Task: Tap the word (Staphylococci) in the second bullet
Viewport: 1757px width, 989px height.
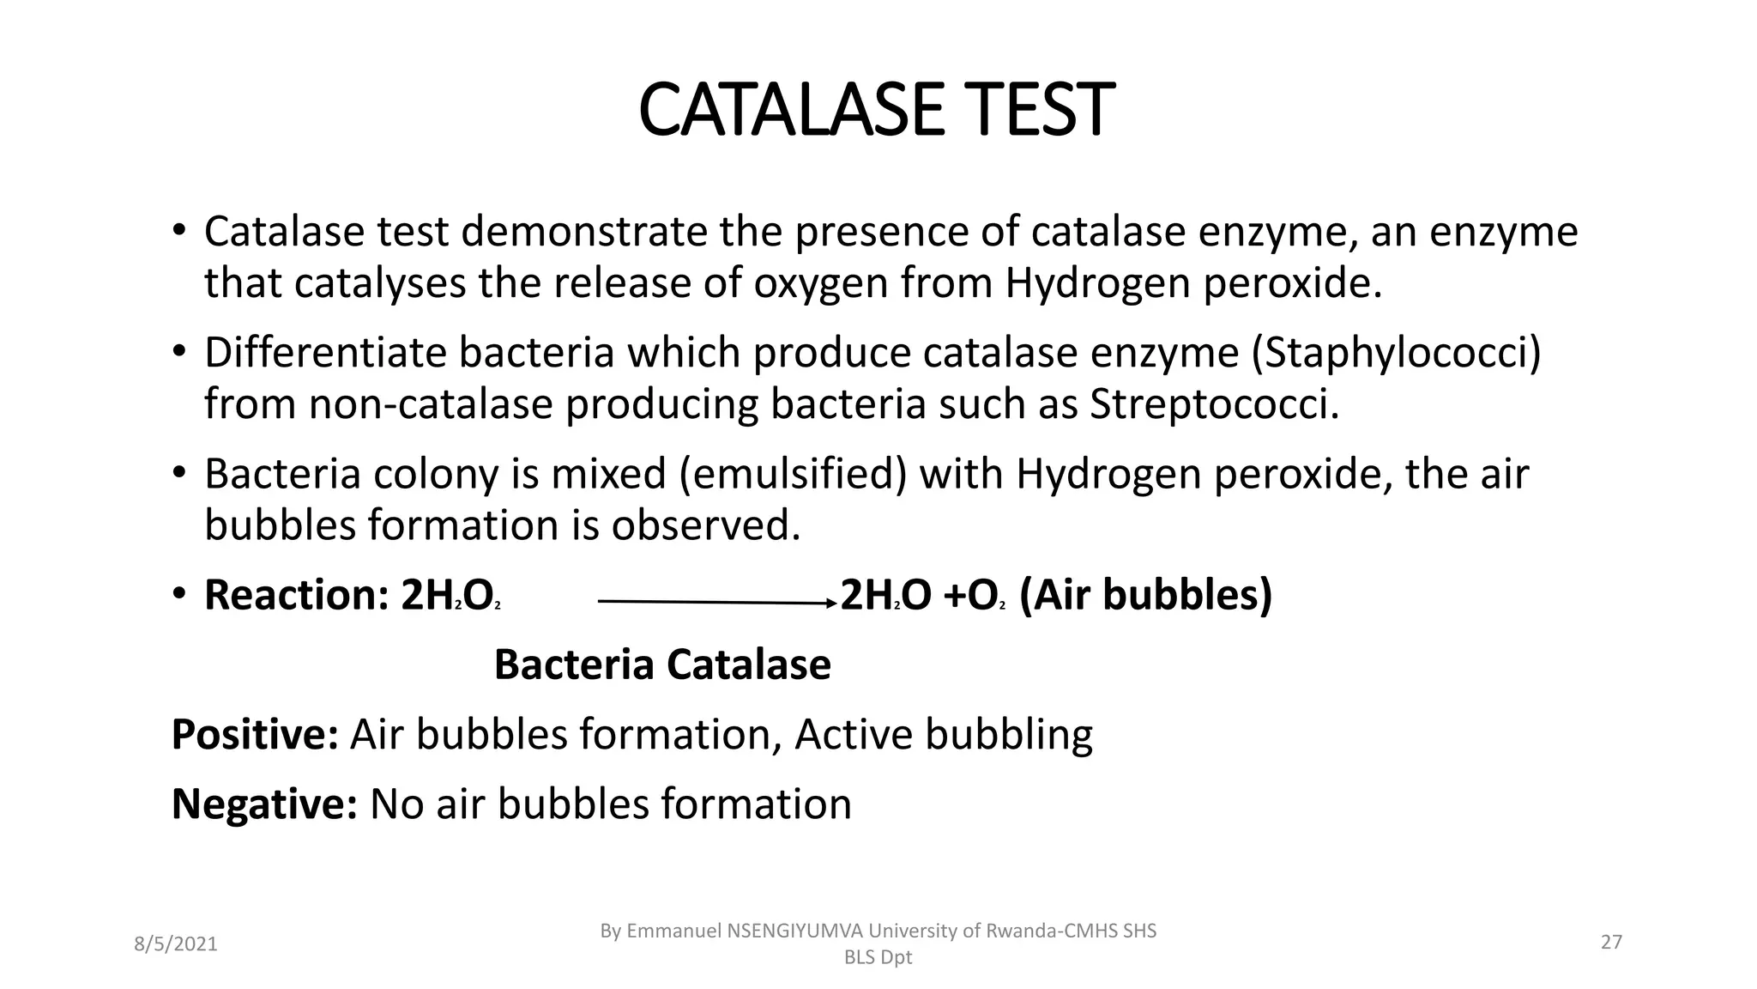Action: tap(1397, 353)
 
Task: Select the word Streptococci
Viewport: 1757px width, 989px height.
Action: tap(1213, 404)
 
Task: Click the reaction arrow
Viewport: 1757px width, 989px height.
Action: tap(716, 603)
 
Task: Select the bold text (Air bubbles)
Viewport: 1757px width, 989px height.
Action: tap(1145, 595)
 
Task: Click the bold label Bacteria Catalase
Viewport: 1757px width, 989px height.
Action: tap(662, 664)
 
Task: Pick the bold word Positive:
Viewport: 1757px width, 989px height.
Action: tap(255, 734)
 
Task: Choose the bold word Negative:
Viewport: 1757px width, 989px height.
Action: tap(264, 804)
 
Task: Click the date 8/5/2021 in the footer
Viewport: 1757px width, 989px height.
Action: tap(176, 944)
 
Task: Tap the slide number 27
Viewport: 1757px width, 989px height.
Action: tap(1611, 943)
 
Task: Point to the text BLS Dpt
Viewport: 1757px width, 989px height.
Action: tap(878, 958)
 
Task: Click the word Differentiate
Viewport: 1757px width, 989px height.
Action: tap(325, 353)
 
